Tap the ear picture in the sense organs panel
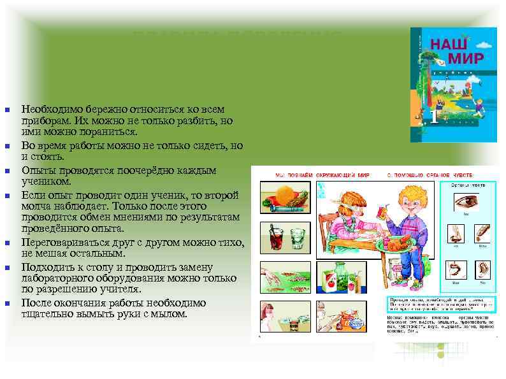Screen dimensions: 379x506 pyautogui.click(x=482, y=270)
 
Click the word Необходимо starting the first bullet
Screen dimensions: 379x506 pyautogui.click(x=51, y=110)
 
